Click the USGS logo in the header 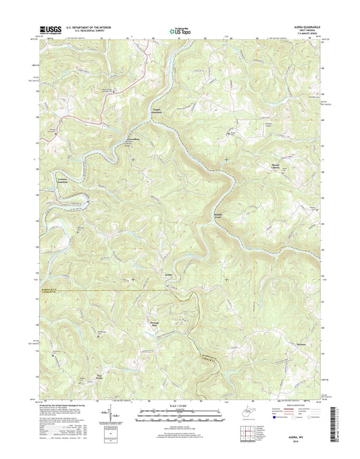click(51, 29)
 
